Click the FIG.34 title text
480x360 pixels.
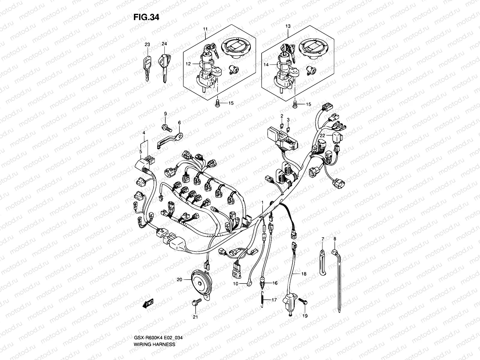(146, 17)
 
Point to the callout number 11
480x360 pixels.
(205, 29)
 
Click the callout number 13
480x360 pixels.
(288, 26)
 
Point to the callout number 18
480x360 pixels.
(304, 274)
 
